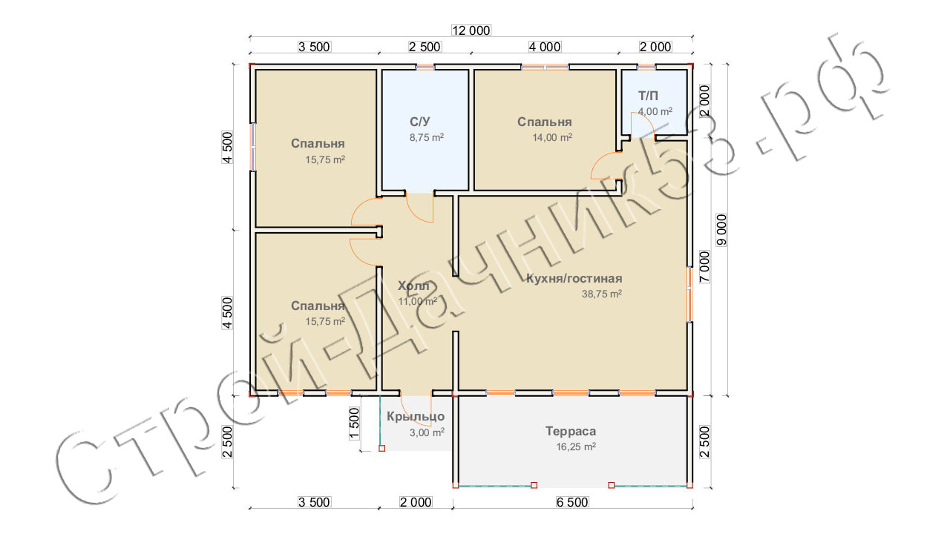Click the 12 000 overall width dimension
pos(471,30)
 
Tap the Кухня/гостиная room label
pos(574,278)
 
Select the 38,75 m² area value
pos(601,293)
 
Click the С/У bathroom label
pos(419,122)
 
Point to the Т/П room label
pos(648,96)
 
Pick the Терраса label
pos(571,431)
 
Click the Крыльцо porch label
pos(416,417)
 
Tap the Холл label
pos(413,286)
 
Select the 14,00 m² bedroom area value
pos(551,137)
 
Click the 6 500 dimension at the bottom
pos(572,502)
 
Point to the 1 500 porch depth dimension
pos(354,423)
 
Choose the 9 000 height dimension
pos(721,230)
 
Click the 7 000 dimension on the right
pos(704,267)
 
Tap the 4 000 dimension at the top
pos(545,47)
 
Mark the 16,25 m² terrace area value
pos(576,446)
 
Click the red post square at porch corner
pos(381,448)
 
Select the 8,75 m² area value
pos(426,137)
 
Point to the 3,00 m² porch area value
pos(427,432)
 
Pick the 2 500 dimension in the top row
pos(425,47)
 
